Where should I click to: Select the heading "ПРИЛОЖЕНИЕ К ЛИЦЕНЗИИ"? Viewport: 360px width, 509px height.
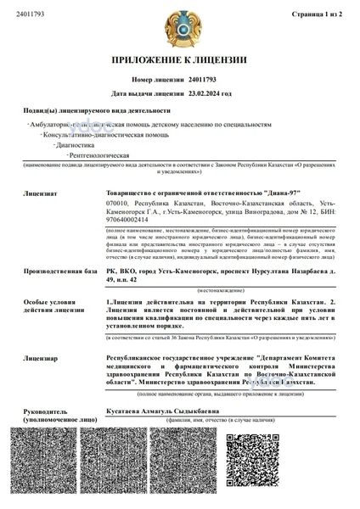click(x=179, y=60)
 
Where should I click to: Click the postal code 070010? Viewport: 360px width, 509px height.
click(x=116, y=204)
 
